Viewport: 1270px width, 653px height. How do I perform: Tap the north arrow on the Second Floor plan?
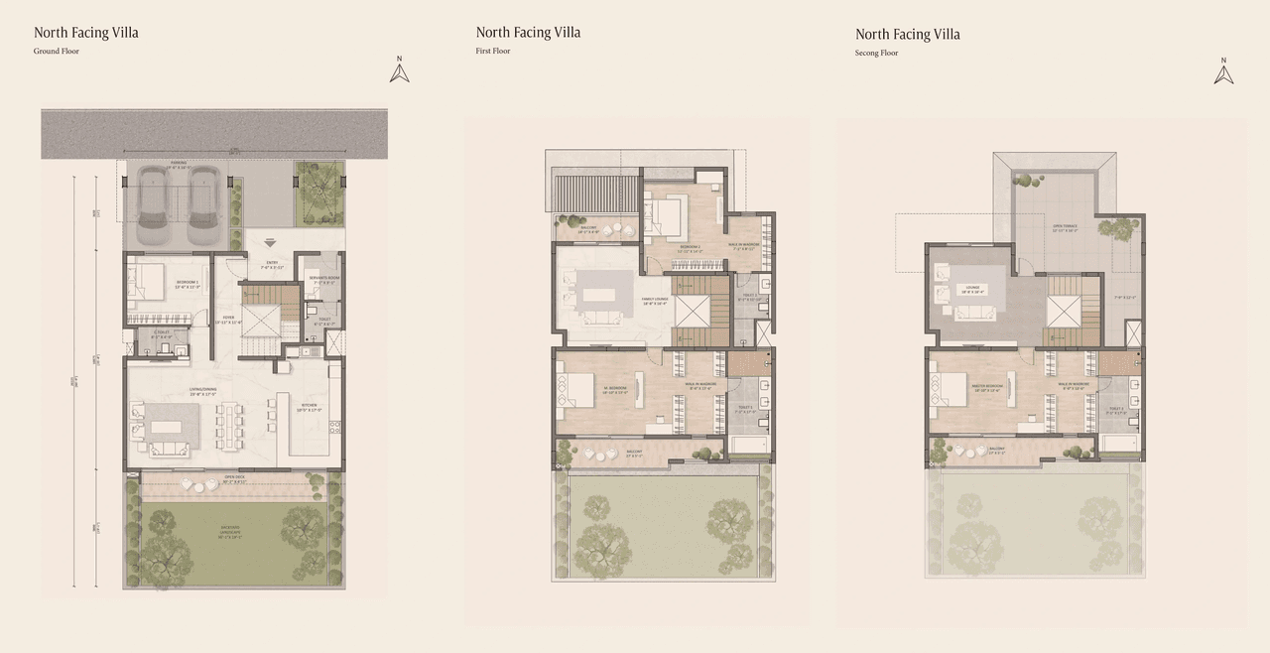[1223, 71]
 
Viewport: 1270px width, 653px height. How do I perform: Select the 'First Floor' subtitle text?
[493, 51]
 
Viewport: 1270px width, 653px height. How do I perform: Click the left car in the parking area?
[155, 204]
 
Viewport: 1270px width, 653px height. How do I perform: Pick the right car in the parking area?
[202, 204]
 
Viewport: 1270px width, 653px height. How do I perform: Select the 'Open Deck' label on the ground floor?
[234, 477]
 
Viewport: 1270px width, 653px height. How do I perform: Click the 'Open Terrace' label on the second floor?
[1064, 226]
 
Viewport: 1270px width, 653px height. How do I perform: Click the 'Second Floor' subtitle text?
[876, 53]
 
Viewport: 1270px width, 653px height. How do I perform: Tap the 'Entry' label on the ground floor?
[272, 262]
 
